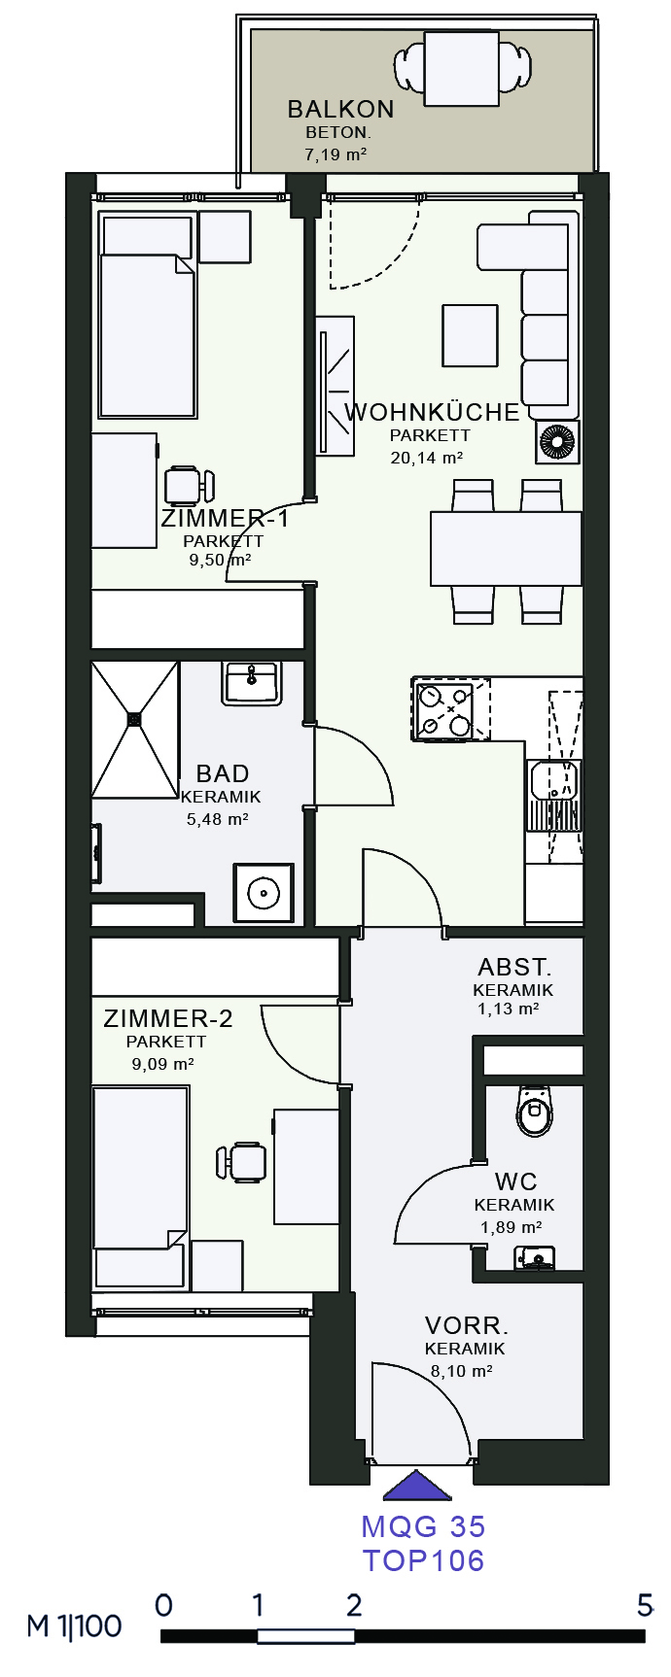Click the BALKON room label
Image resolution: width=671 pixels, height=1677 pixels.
[x=340, y=109]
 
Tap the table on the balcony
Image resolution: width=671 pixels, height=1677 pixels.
[x=462, y=68]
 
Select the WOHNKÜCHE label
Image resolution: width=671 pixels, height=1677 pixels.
[x=432, y=412]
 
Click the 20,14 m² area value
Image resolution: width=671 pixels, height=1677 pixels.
[x=426, y=458]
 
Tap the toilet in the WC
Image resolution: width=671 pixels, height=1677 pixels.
[x=534, y=1111]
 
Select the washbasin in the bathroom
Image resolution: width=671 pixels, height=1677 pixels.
[x=252, y=682]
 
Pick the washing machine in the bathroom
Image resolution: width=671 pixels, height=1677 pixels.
[x=263, y=892]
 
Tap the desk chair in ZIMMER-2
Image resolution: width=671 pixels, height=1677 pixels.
[x=242, y=1162]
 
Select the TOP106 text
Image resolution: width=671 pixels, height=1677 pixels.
[x=424, y=1560]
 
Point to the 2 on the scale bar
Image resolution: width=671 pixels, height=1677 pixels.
[x=354, y=1605]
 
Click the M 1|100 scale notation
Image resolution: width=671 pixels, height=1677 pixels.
[x=75, y=1626]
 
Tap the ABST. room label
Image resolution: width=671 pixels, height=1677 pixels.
[x=514, y=967]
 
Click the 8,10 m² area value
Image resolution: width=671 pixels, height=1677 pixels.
[x=461, y=1371]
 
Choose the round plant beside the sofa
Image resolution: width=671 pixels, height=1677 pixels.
[x=558, y=442]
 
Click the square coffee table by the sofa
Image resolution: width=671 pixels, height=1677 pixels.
[x=470, y=335]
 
